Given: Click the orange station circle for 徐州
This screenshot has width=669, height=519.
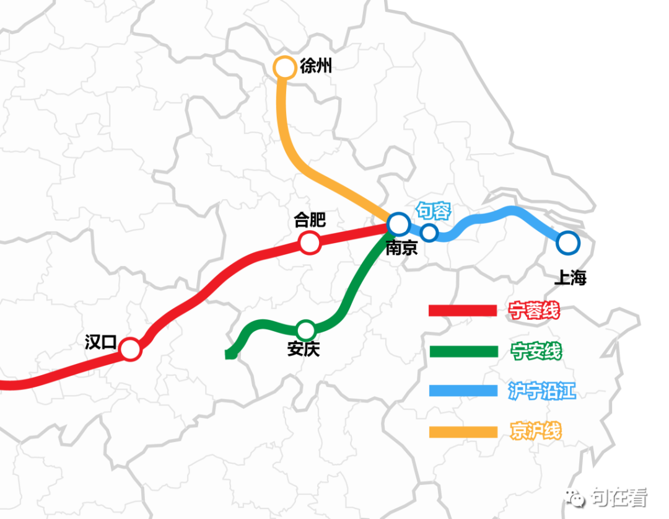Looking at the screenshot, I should [x=285, y=68].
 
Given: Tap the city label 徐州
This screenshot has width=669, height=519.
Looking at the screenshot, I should [x=316, y=65].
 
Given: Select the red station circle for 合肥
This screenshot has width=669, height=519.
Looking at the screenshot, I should [x=310, y=242].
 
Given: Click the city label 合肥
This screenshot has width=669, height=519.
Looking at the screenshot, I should [x=310, y=220].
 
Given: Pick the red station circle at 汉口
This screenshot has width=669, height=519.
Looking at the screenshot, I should [x=130, y=349].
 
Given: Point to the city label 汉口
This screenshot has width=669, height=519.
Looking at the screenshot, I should [x=100, y=342].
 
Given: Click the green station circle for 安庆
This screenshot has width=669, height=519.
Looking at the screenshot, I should [x=306, y=329].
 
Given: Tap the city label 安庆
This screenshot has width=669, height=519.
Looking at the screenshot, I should [x=304, y=349].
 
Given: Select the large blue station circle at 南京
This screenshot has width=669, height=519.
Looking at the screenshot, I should [x=398, y=223].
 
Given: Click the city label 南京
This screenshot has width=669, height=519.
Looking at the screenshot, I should [x=401, y=248].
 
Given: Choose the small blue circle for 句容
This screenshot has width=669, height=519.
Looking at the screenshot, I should [x=429, y=233].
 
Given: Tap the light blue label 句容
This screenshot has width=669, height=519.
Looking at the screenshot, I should [x=433, y=211].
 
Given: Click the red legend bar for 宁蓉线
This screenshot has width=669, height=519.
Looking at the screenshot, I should [x=463, y=311].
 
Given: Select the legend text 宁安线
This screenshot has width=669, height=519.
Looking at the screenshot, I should [x=536, y=352].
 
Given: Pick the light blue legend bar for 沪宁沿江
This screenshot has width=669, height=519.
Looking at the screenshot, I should [x=463, y=391].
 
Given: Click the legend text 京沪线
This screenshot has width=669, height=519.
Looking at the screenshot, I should [x=536, y=431].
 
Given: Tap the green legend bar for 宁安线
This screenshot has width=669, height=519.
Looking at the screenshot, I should [x=463, y=352].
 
